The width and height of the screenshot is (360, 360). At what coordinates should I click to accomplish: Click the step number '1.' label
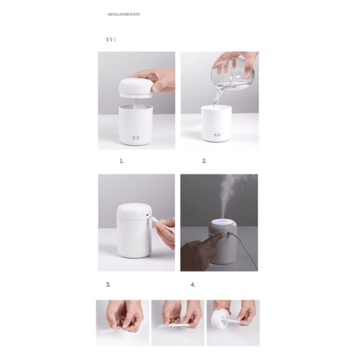tap(122, 161)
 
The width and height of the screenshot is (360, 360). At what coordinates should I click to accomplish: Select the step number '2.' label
tap(204, 161)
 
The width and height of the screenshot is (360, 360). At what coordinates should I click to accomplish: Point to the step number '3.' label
tap(108, 284)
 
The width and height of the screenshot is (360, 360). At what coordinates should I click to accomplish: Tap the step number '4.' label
tap(193, 284)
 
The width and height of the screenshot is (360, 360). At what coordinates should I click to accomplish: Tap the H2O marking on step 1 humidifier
tap(136, 134)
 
